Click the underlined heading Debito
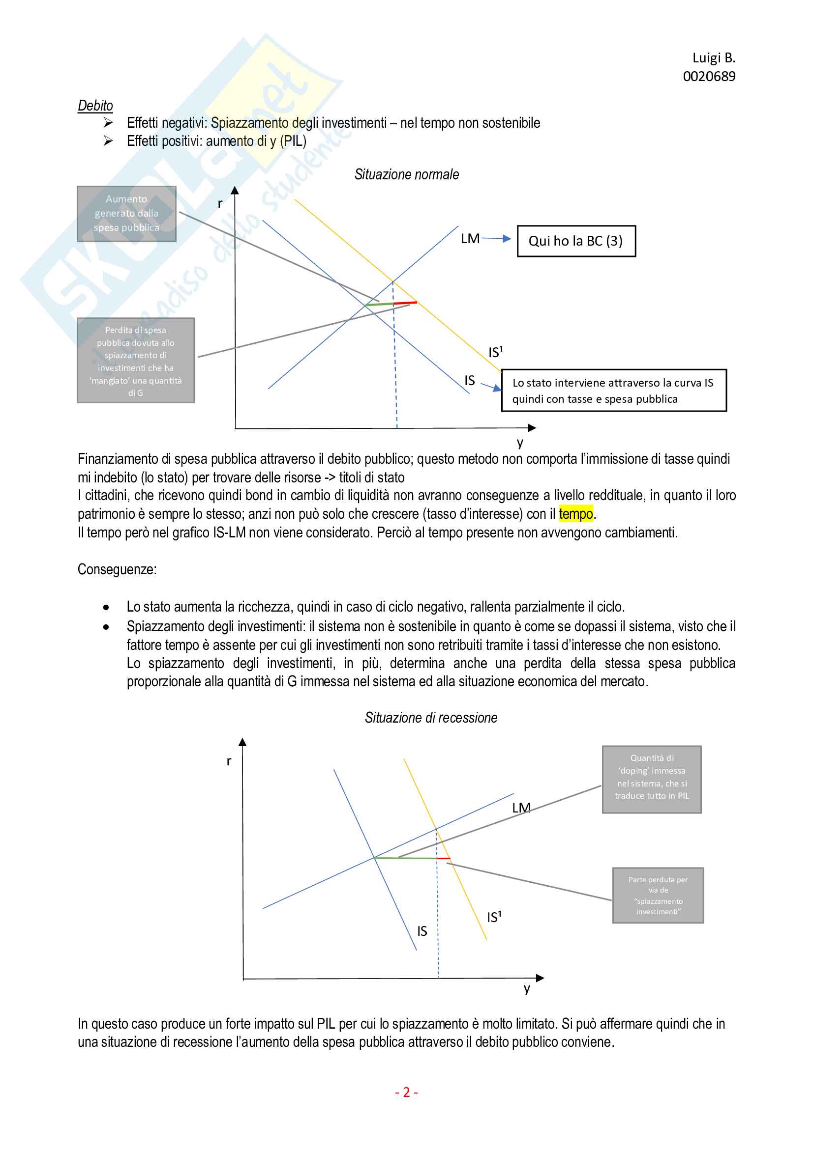coord(95,106)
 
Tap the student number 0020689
coord(709,77)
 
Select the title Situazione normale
coord(406,174)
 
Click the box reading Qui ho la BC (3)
coord(576,241)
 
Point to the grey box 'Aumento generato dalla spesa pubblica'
coord(126,214)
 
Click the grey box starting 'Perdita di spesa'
coord(135,360)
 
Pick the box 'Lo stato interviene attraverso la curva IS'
coord(613,391)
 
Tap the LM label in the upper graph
coord(470,239)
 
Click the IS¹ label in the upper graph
coord(495,352)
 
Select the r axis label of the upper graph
coord(220,203)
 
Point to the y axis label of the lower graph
coord(526,988)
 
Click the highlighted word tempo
coord(575,513)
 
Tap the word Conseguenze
coord(117,569)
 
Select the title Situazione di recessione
coord(431,718)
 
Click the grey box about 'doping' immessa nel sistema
coord(651,779)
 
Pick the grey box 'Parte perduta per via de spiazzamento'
coord(658,896)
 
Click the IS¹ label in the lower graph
coord(494,917)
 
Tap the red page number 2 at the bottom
coord(406,1092)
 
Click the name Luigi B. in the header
coord(713,58)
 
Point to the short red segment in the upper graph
coord(405,303)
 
